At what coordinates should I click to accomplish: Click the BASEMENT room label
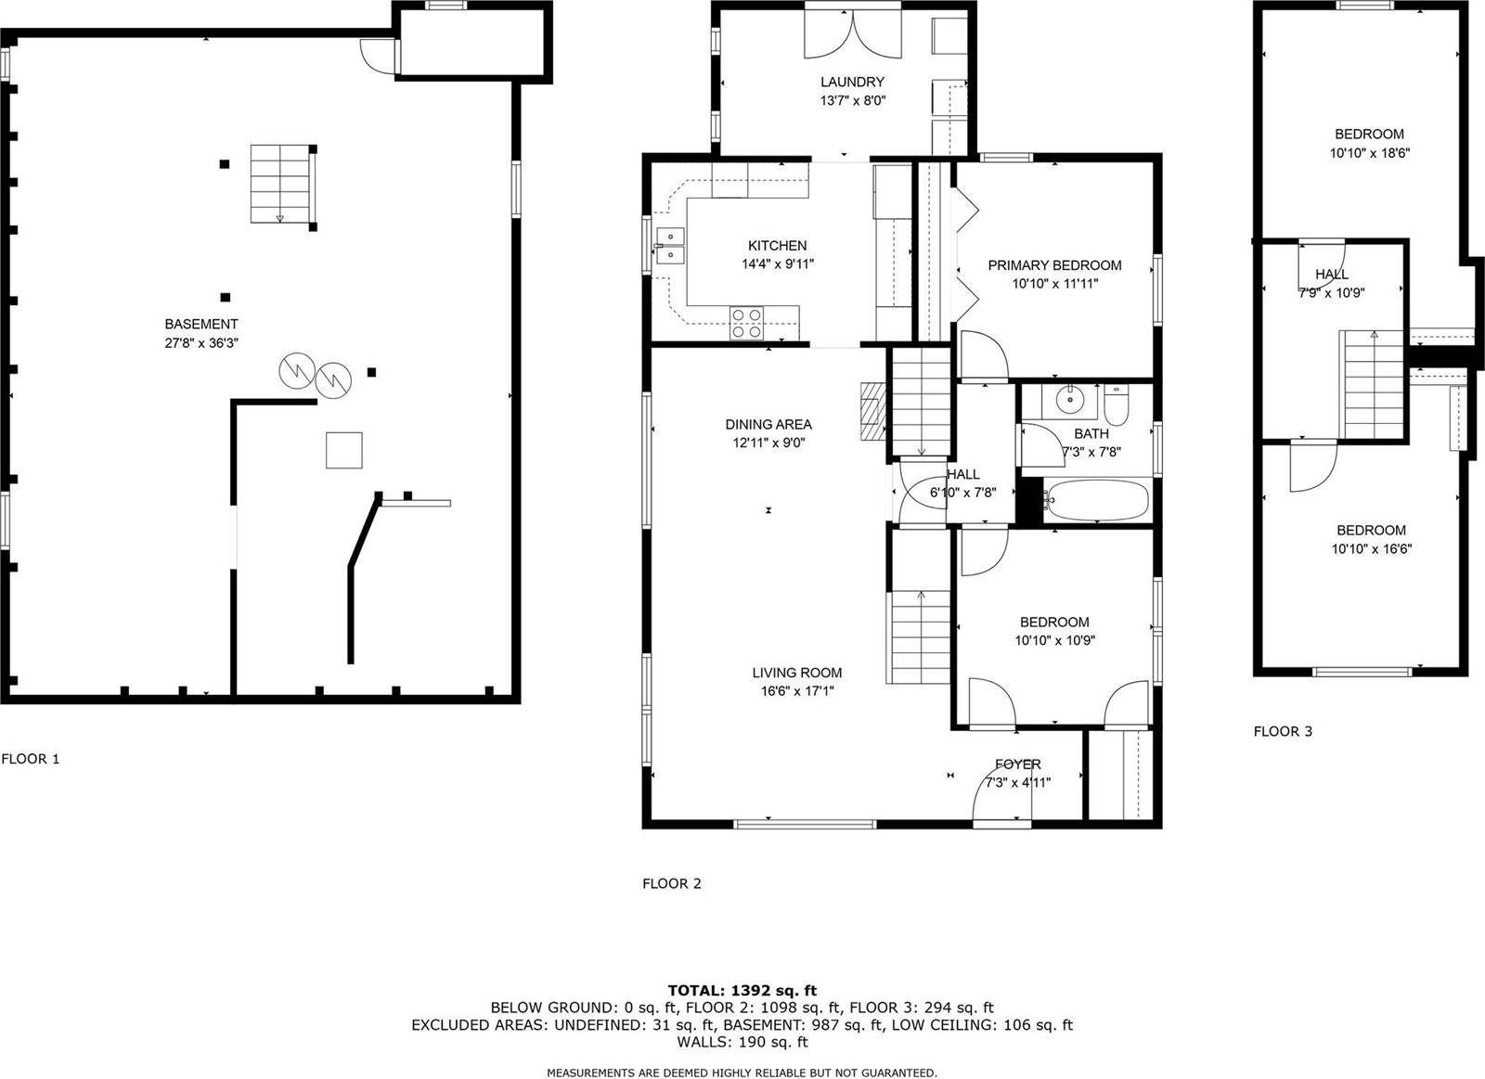(201, 324)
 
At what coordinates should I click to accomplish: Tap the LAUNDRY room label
(852, 82)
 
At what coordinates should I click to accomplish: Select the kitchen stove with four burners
(746, 322)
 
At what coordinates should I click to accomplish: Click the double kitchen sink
(669, 244)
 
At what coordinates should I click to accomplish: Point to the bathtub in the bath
(1096, 500)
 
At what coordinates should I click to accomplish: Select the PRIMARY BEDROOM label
(1054, 265)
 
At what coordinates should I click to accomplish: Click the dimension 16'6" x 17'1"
(797, 690)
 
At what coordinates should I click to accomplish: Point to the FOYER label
(1017, 764)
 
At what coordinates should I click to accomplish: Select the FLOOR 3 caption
(1283, 731)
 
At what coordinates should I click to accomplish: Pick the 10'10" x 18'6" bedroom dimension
(1370, 152)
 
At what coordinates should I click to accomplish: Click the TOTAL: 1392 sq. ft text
(742, 991)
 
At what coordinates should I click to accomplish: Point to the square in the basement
(343, 450)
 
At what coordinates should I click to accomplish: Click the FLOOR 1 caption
(31, 758)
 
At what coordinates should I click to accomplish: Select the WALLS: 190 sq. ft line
(742, 1042)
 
